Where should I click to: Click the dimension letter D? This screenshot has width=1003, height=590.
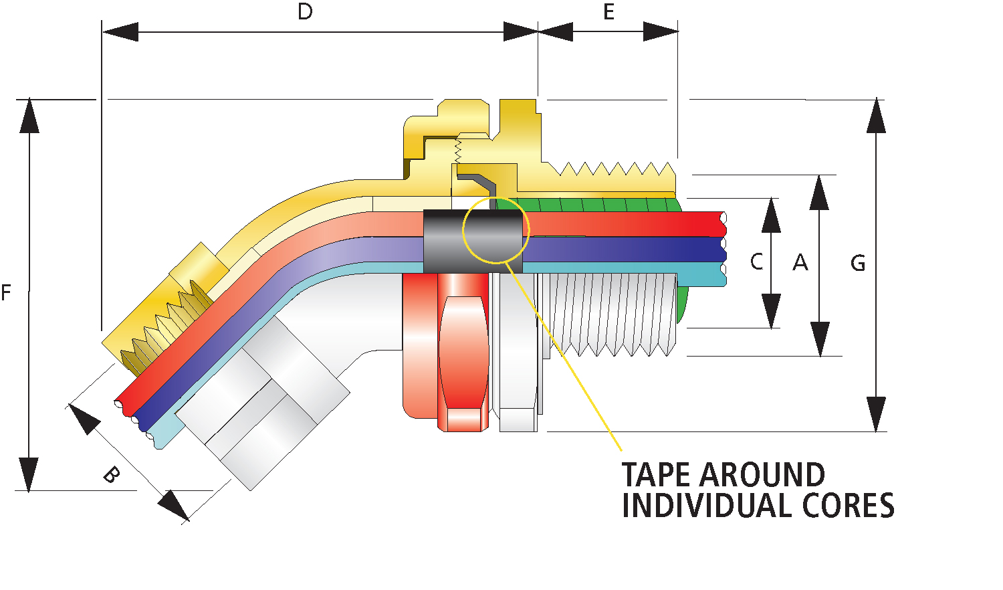point(305,11)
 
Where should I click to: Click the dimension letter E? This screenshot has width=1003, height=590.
point(608,11)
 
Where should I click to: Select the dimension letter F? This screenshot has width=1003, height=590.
point(6,292)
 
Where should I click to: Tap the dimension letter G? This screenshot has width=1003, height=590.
point(858,263)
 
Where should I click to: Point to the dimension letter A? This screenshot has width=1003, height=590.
point(800,262)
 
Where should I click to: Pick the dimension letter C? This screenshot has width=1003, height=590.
point(757,262)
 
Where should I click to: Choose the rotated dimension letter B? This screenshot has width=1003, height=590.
point(112,475)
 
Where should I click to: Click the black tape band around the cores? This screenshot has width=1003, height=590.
point(473,241)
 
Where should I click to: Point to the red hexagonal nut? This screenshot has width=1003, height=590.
point(463,353)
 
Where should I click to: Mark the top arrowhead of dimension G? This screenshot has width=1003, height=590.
point(876,116)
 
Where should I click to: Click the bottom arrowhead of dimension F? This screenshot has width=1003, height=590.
point(29,475)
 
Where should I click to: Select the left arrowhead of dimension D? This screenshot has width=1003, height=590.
point(120,32)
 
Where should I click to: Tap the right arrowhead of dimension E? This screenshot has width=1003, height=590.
point(661,31)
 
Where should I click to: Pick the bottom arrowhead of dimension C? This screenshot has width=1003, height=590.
point(771,311)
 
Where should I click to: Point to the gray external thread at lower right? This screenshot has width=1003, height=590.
point(609,314)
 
